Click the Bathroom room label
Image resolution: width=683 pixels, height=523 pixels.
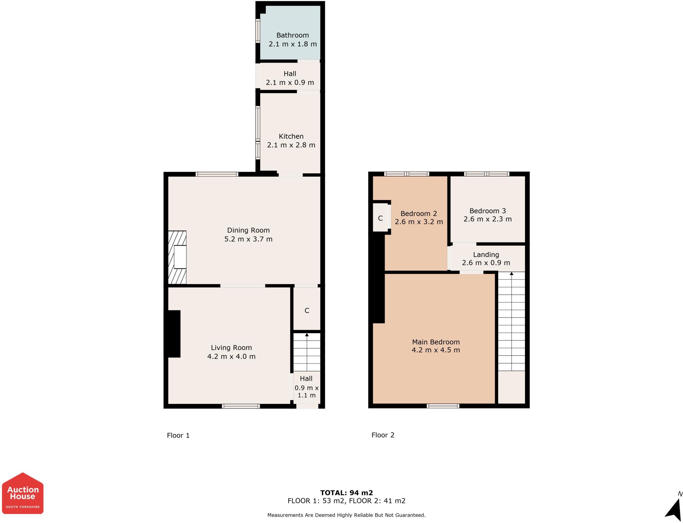pyautogui.click(x=292, y=35)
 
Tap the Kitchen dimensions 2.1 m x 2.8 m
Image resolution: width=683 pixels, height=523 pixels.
pyautogui.click(x=291, y=145)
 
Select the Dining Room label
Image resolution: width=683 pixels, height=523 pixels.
pyautogui.click(x=248, y=230)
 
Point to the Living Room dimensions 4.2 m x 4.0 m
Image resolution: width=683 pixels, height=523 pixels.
pyautogui.click(x=231, y=356)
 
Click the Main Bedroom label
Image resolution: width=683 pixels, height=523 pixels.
pyautogui.click(x=436, y=342)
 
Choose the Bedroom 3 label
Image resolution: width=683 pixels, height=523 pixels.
pyautogui.click(x=488, y=211)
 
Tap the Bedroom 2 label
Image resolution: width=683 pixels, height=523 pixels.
pyautogui.click(x=419, y=213)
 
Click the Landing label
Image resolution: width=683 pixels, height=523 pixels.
pyautogui.click(x=486, y=255)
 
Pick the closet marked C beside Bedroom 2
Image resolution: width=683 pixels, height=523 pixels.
pyautogui.click(x=380, y=218)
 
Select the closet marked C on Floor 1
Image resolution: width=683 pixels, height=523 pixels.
pyautogui.click(x=307, y=309)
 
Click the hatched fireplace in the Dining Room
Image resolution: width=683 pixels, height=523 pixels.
pyautogui.click(x=177, y=257)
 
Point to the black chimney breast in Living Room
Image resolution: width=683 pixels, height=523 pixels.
pyautogui.click(x=173, y=334)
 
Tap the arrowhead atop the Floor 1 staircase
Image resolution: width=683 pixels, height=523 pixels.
pyautogui.click(x=307, y=334)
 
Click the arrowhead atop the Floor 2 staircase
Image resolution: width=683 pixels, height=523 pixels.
pyautogui.click(x=512, y=274)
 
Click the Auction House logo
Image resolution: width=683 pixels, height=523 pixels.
pyautogui.click(x=23, y=493)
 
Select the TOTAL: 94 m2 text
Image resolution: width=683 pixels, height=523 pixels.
pyautogui.click(x=347, y=493)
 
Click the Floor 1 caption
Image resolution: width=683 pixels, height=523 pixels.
pyautogui.click(x=178, y=435)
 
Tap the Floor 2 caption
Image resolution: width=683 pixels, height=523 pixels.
pyautogui.click(x=383, y=435)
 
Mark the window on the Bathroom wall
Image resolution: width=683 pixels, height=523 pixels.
pyautogui.click(x=258, y=31)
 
